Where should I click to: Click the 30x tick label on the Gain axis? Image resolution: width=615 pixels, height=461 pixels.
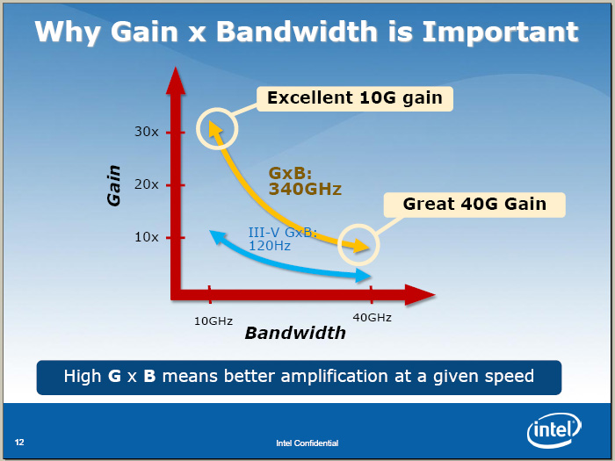pos(147,132)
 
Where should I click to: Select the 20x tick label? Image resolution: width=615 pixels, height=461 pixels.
pos(147,184)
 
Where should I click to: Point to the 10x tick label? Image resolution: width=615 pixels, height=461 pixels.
pos(147,237)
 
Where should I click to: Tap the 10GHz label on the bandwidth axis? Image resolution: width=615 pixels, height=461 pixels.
pos(213,321)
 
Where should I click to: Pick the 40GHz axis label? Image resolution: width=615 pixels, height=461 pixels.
pos(372,318)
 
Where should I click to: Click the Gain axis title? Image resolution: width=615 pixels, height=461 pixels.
pos(113,185)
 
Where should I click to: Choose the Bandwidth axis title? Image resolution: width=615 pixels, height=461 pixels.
pos(295,333)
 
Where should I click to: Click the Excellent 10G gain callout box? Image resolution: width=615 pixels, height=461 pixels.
pos(355,98)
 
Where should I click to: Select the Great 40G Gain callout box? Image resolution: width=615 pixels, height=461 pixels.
pos(474,205)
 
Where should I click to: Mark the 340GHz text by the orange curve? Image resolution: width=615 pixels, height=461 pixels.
pos(305,189)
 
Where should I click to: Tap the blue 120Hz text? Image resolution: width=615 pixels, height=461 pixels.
pos(270,246)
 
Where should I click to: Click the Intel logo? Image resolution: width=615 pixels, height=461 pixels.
pos(554,430)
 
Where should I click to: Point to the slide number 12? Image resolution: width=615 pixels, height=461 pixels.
pos(19,443)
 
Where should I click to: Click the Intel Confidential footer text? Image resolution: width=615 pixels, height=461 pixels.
pos(307,443)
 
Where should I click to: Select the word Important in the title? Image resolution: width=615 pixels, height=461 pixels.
pos(500,32)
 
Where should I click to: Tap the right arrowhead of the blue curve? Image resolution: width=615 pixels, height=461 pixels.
pos(363,276)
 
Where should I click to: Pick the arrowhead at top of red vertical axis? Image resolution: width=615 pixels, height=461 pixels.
pos(176,81)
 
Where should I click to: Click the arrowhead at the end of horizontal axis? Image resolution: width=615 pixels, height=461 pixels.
pos(420,295)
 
